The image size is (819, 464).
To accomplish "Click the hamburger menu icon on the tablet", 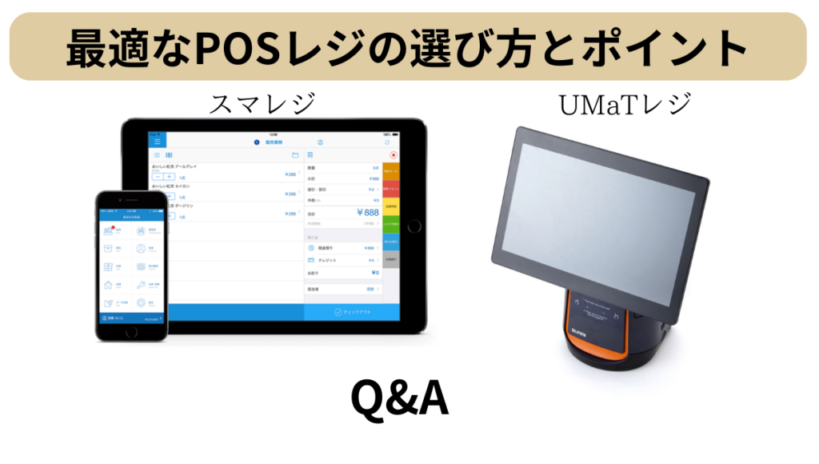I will tap(158, 142).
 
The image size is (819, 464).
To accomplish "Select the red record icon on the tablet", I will tap(394, 154).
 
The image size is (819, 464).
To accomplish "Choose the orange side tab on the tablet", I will tap(390, 170).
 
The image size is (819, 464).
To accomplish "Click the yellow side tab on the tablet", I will tap(390, 206).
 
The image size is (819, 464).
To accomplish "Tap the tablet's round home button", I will tap(414, 226).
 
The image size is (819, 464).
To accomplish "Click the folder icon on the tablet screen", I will tap(295, 154).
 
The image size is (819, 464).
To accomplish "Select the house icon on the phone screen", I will tap(109, 285).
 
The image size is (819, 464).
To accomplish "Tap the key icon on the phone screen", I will tap(141, 285).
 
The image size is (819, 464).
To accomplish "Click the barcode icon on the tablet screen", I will tap(169, 154).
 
